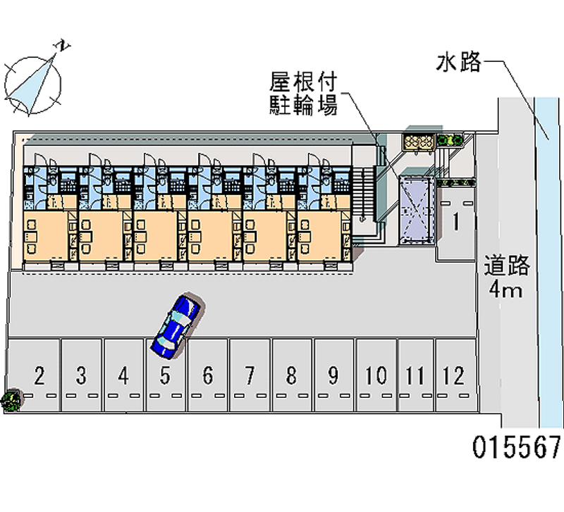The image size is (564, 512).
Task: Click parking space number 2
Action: coord(39,376)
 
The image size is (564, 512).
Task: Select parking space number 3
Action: coord(82,376)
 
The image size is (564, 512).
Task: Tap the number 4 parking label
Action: coord(123,376)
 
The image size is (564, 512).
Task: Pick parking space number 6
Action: coord(207,376)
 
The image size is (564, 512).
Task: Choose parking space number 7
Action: coord(249,376)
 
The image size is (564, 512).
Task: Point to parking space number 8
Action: coord(291,376)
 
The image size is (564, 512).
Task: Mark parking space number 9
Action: coord(333,376)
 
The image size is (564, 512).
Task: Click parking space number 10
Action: coord(376,376)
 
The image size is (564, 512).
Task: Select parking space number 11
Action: coord(416,376)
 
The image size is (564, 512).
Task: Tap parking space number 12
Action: coord(455,376)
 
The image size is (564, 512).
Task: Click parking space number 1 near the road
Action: coord(456,223)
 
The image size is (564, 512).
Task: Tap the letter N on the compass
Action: coord(63,46)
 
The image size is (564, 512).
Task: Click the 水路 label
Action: coord(458,63)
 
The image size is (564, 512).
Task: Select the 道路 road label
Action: coord(506,266)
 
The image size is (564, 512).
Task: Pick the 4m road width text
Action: coord(506,289)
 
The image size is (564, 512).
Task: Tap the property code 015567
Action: coord(517,447)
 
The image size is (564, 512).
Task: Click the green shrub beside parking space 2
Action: coord(11,402)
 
